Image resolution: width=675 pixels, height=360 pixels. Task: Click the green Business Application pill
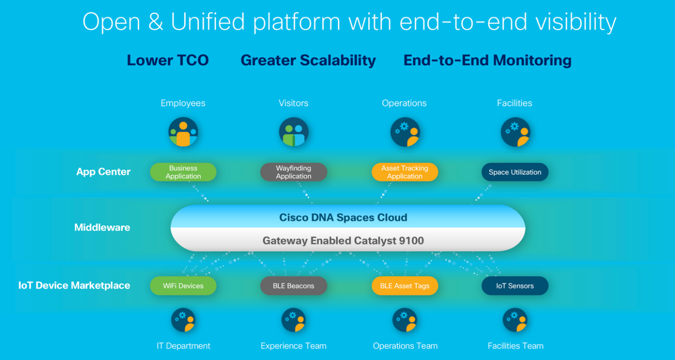183,172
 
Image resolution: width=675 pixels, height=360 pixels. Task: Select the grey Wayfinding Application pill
293,172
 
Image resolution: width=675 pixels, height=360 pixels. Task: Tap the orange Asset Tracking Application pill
404,172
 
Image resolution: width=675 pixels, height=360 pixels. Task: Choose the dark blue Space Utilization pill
515,172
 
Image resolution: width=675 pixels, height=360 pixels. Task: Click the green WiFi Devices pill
183,286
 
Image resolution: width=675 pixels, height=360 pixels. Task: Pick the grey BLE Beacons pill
293,286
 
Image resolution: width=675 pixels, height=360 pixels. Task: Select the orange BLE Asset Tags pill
404,286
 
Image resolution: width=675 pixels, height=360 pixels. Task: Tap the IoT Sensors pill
515,286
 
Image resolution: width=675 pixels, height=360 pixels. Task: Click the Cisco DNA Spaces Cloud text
343,217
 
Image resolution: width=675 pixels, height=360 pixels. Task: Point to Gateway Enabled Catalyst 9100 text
343,240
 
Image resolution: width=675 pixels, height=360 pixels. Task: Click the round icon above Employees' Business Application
183,132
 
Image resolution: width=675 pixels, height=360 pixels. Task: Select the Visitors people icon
293,132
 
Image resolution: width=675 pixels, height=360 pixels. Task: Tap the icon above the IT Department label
183,320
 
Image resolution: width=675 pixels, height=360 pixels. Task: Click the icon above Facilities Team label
515,320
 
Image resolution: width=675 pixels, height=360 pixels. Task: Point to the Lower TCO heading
168,60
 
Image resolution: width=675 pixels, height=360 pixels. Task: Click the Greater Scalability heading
308,60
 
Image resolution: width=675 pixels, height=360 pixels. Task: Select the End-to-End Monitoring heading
487,60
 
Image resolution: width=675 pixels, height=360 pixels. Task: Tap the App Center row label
103,172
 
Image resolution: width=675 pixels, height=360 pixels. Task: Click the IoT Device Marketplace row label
74,286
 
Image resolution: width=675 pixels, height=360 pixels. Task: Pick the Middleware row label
102,227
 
